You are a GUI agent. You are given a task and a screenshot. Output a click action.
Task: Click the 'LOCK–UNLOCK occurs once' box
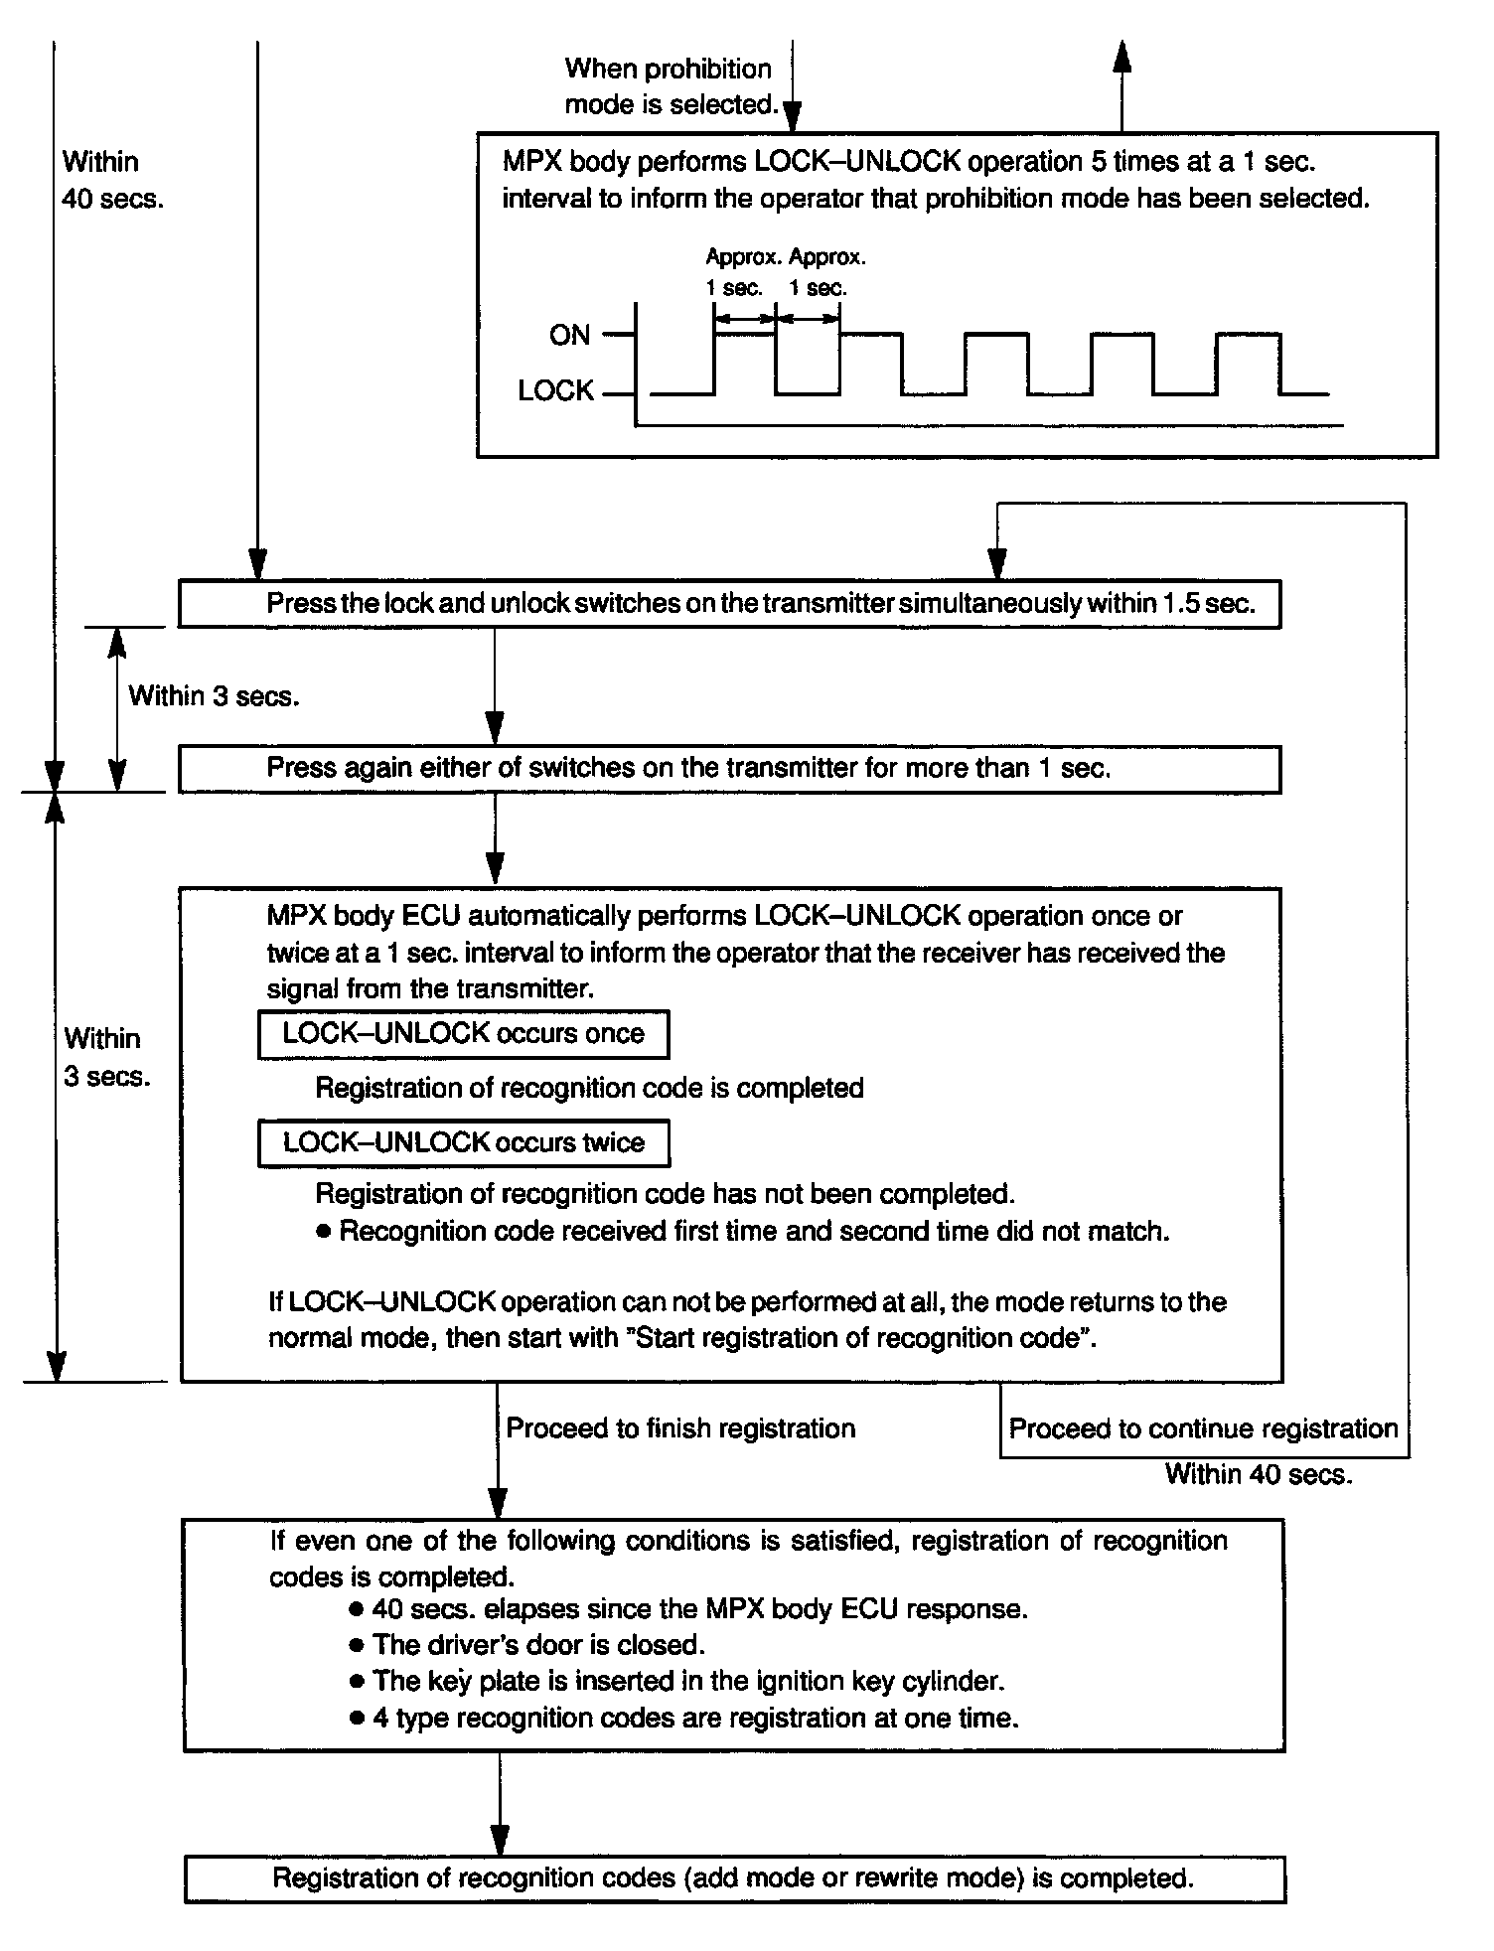point(463,1034)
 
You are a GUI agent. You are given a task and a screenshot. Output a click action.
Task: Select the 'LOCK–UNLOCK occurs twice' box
point(463,1142)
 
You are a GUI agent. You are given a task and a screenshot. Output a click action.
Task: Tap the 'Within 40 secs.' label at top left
point(112,180)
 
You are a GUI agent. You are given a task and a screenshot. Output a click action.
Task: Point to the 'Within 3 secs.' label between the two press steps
point(214,696)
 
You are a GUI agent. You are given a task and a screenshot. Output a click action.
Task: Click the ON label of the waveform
point(569,336)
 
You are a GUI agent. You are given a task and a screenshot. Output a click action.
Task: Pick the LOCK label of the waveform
point(555,391)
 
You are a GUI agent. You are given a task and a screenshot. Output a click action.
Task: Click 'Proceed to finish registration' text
point(680,1428)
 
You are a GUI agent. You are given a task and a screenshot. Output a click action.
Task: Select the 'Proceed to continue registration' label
point(1203,1428)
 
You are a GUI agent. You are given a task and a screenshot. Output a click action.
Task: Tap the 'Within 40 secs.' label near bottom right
point(1259,1474)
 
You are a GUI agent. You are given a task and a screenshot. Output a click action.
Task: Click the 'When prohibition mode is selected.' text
point(669,86)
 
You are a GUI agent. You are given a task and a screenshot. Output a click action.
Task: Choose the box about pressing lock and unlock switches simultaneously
point(729,604)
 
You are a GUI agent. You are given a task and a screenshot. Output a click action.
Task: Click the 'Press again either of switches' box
point(729,769)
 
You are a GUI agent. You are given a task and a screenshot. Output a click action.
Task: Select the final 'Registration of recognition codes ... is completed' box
point(734,1878)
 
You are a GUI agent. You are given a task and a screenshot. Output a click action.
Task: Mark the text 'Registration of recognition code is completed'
point(589,1088)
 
